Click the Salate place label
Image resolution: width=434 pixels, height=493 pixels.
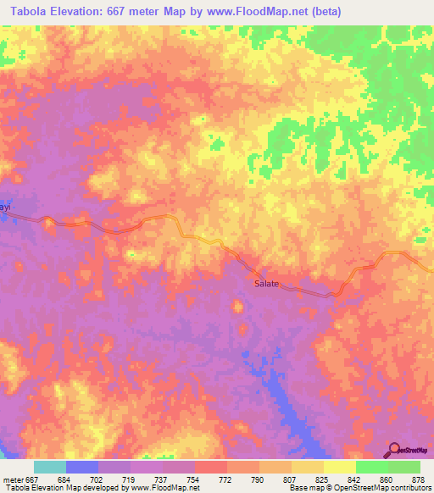267,284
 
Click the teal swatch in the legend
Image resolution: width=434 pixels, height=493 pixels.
50,467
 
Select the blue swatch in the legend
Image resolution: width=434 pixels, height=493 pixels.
82,467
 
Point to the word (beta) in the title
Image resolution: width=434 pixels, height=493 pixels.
322,11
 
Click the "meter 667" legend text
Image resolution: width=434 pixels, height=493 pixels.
19,478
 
